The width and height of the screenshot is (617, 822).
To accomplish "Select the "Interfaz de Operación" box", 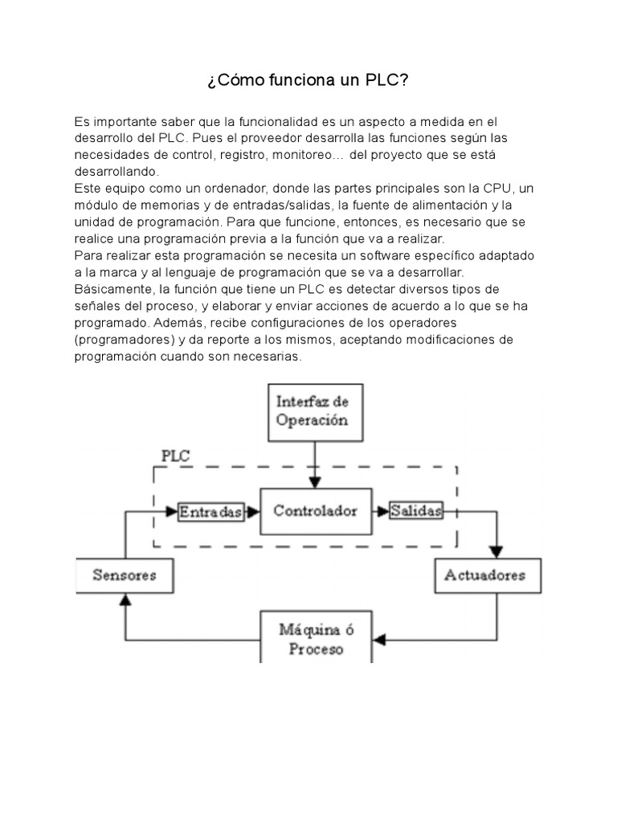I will point(313,409).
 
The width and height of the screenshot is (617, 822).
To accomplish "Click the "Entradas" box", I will point(211,512).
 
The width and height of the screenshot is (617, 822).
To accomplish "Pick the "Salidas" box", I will point(415,511).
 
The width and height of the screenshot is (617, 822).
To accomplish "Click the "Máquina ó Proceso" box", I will point(317,637).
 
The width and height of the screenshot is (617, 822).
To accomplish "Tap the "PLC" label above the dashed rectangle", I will point(176,455).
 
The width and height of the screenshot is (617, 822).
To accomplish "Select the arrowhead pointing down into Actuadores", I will point(496,553).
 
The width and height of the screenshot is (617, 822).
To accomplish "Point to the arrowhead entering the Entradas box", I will point(172,511).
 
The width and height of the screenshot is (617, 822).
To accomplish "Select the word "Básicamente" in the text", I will point(111,290).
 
